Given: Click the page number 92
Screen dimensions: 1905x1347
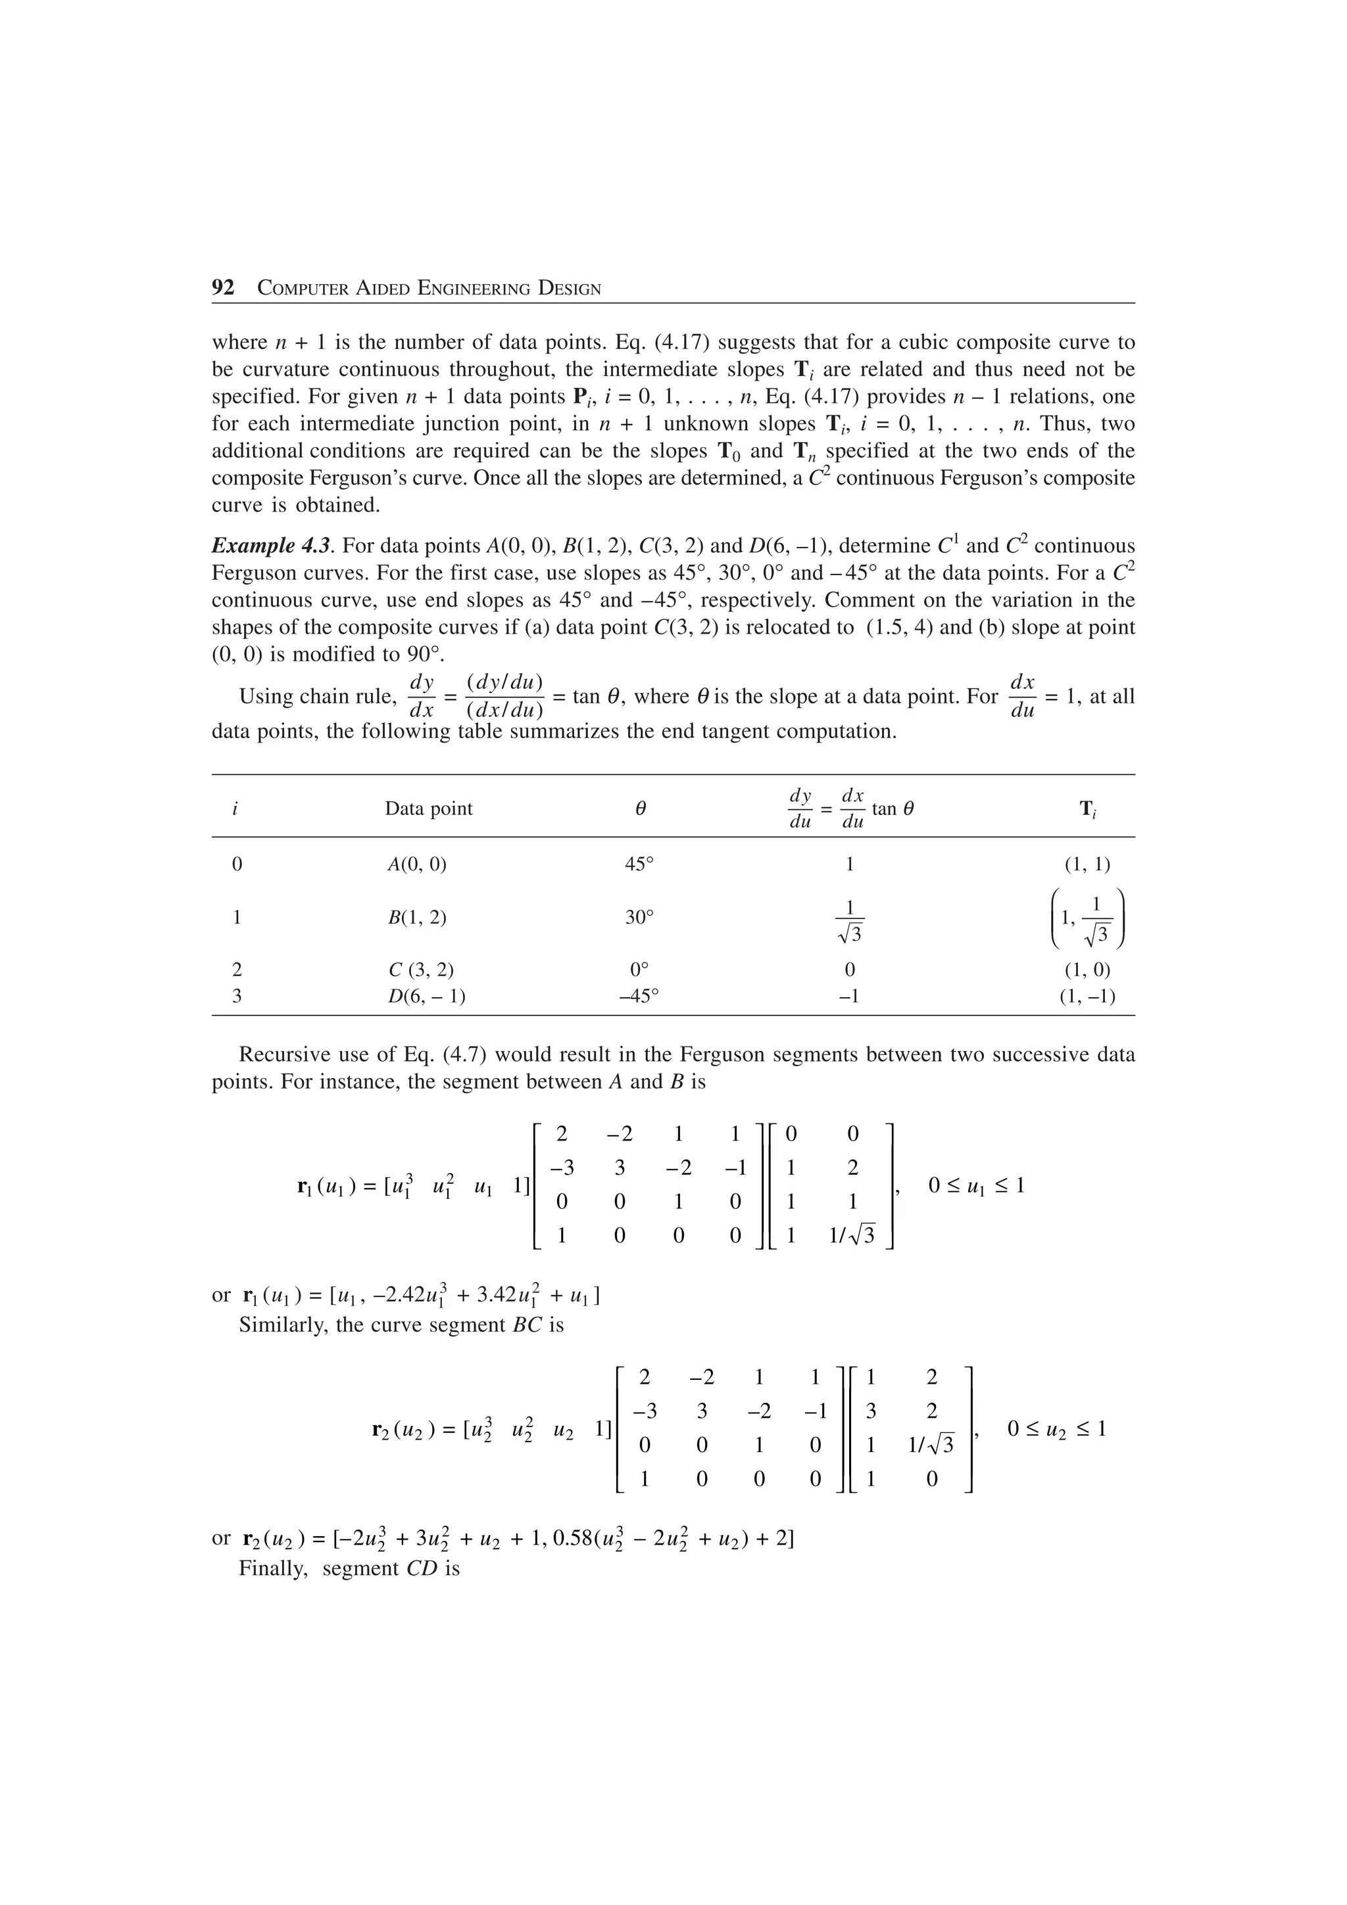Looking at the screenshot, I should [x=223, y=288].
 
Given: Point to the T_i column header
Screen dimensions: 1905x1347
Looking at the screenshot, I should [x=1087, y=810].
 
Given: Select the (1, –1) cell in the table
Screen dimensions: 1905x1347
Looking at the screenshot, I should [x=1087, y=996].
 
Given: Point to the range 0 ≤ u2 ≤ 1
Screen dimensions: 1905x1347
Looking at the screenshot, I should [x=1056, y=1429].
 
